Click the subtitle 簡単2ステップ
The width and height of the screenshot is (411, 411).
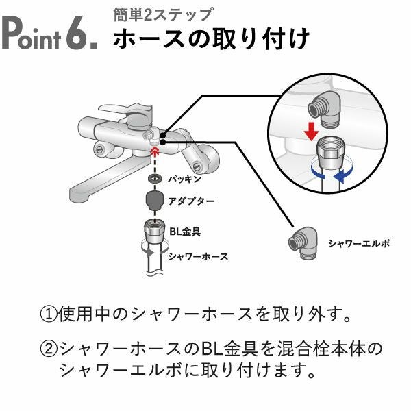163,14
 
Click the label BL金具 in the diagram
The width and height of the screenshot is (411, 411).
184,232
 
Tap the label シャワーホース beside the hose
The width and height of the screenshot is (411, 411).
198,256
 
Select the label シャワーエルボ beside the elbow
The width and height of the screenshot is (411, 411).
358,243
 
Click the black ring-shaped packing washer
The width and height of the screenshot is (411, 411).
155,178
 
